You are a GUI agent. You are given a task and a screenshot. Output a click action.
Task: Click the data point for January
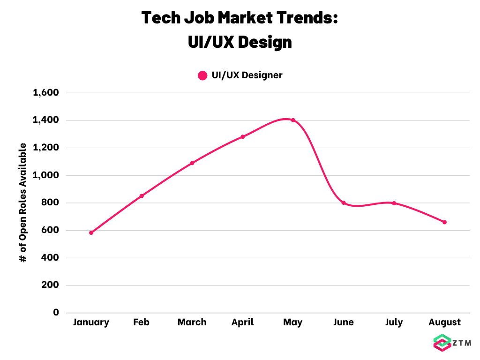click(x=91, y=233)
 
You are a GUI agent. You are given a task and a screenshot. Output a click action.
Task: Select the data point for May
click(x=293, y=120)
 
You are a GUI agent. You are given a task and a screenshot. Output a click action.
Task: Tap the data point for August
click(x=444, y=222)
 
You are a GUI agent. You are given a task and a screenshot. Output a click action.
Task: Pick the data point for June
click(x=344, y=203)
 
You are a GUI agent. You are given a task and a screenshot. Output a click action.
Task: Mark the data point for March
click(x=192, y=163)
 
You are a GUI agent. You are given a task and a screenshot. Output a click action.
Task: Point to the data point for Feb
click(x=142, y=196)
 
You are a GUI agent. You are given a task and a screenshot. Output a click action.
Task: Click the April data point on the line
click(x=243, y=137)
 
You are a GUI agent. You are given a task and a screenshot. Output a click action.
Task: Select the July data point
click(x=394, y=203)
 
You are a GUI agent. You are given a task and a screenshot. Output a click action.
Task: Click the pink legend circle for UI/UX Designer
click(x=202, y=75)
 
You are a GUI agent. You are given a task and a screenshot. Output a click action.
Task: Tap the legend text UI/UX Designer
click(x=247, y=75)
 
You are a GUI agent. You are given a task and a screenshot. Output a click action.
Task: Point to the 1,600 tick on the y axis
click(x=46, y=92)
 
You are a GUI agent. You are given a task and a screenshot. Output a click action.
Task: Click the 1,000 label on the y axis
click(x=46, y=175)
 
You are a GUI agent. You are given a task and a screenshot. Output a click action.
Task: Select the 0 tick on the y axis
click(x=56, y=312)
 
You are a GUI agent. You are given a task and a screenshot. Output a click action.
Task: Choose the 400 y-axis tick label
click(x=50, y=257)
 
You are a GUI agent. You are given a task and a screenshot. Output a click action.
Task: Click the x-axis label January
click(x=91, y=322)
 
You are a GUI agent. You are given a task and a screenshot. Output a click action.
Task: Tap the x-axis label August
click(x=444, y=322)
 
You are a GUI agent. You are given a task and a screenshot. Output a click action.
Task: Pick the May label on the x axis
click(x=293, y=322)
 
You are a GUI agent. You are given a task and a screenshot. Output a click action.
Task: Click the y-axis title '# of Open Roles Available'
click(x=23, y=202)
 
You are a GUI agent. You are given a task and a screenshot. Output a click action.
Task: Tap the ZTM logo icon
click(x=442, y=343)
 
